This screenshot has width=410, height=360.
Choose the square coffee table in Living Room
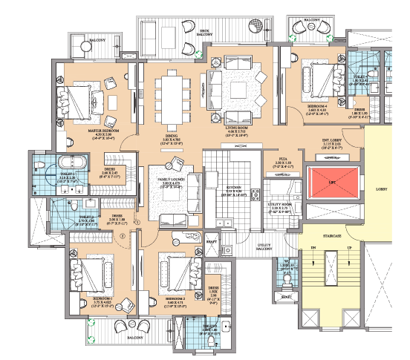pyautogui.click(x=238, y=90)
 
